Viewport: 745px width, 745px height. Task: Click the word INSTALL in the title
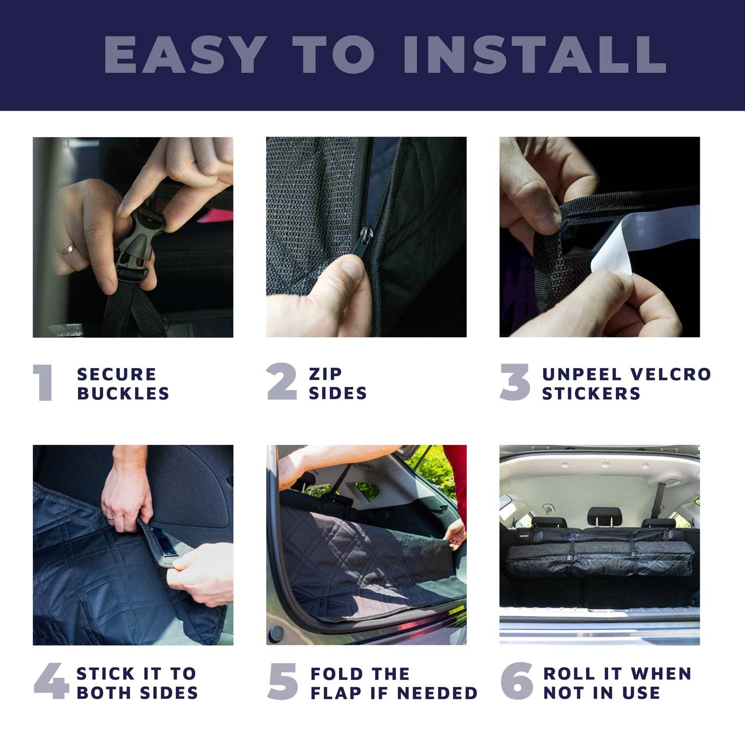534,55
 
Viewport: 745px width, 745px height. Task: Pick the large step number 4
51,681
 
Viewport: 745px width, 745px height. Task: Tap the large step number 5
283,681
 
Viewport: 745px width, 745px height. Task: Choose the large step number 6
517,681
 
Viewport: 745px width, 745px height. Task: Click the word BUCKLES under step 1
123,393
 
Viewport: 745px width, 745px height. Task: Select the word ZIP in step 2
326,373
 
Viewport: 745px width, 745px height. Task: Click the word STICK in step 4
105,673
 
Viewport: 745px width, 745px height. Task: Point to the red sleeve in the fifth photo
455,469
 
